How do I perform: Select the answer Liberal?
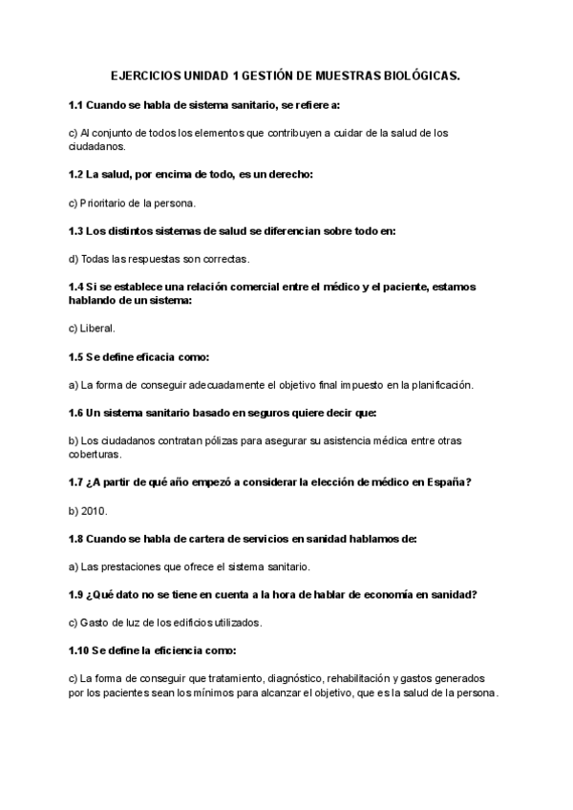click(x=97, y=328)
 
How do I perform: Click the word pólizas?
click(x=216, y=440)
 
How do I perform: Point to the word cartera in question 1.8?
click(x=197, y=539)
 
